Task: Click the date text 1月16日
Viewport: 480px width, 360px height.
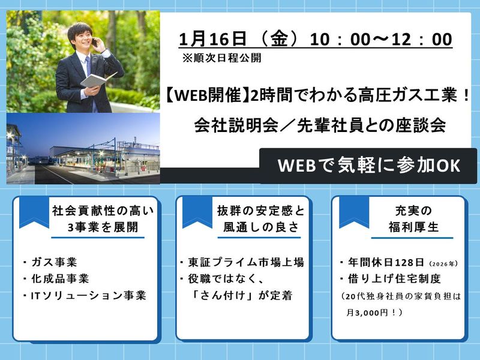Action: [x=212, y=40]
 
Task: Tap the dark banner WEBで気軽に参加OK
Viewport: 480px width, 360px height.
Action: [x=370, y=166]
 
